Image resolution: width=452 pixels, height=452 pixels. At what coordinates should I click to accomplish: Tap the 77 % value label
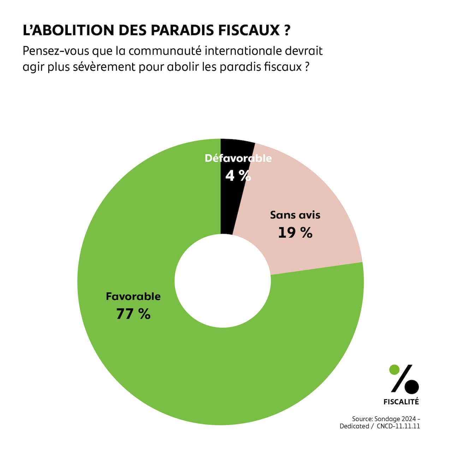(x=133, y=314)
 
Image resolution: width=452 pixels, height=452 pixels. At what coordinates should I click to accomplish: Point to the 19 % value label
(x=295, y=233)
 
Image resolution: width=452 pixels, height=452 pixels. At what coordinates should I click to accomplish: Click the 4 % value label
(x=238, y=176)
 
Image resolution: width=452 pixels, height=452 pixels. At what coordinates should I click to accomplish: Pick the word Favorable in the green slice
(x=133, y=296)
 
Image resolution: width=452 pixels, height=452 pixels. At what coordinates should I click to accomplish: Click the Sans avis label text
(x=295, y=215)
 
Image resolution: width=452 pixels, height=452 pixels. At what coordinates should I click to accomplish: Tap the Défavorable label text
(x=238, y=158)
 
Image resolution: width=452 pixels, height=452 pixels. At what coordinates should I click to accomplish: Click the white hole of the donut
(x=222, y=281)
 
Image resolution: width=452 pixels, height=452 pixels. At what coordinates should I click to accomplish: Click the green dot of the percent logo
(x=394, y=370)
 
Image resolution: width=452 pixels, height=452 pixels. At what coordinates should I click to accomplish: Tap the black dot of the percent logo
(x=412, y=387)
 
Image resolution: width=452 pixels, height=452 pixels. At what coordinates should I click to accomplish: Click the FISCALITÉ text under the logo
(x=401, y=402)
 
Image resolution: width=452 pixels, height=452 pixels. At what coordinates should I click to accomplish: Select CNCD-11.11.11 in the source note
(x=398, y=426)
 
